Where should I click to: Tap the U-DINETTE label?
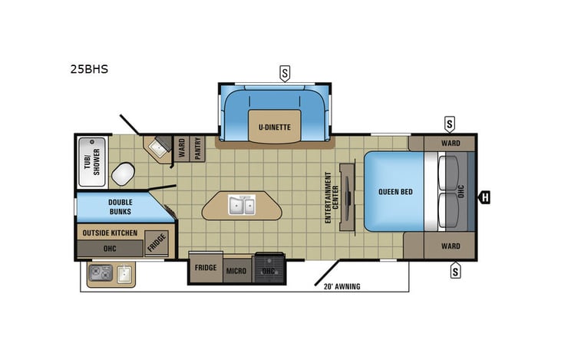coord(274,127)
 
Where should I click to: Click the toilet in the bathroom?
coord(122,173)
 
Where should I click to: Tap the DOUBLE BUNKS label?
coord(120,206)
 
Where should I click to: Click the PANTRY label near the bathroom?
coord(197,148)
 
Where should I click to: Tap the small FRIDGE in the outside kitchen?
coord(156,243)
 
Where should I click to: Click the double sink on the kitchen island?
coord(243,206)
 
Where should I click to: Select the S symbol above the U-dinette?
coord(285,74)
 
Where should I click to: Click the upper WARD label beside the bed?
coord(450,143)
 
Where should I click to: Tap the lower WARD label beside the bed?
coord(450,246)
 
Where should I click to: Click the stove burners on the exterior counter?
coord(101,272)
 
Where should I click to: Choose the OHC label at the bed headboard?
coord(461,191)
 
